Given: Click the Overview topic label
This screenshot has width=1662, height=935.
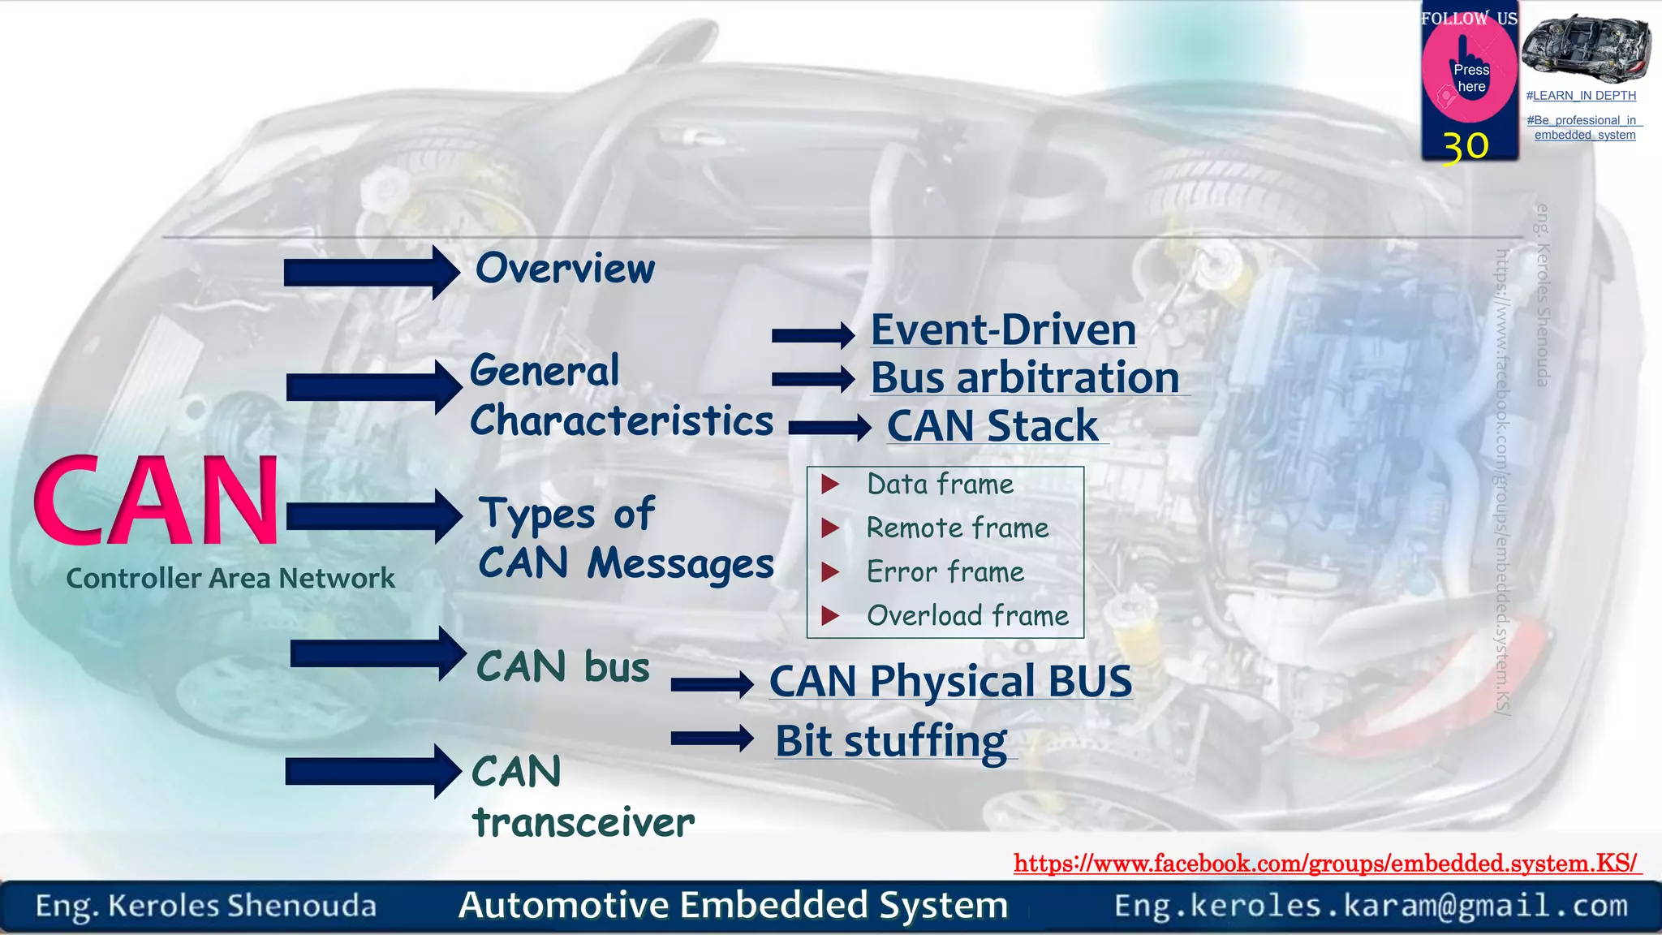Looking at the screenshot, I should pos(565,269).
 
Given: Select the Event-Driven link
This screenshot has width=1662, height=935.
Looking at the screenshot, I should pos(1003,330).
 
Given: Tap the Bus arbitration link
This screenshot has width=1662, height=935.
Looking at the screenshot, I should pos(1025,378).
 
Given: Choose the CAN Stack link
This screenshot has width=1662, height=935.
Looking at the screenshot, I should pos(992,426).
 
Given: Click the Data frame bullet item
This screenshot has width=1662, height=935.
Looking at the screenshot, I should pos(940,485).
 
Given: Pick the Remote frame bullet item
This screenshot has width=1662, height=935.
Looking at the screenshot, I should pos(957,528).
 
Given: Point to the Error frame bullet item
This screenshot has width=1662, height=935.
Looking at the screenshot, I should pos(945,572).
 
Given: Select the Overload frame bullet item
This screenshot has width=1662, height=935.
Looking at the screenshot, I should pos(967,616).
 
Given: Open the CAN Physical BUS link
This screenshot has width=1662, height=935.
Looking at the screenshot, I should pos(950,681).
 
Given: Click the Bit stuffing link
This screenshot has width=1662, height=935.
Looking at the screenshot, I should pos(891,741).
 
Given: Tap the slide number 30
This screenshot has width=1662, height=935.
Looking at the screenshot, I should pos(1466,147).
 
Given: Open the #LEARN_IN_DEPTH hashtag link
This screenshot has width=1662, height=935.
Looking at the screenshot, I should pos(1581,96).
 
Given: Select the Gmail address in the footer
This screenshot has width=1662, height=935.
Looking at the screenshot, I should pos(1371,906).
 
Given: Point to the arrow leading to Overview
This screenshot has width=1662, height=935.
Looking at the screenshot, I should pos(372,273).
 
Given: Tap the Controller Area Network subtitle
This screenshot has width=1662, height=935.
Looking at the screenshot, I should pos(230,579).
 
